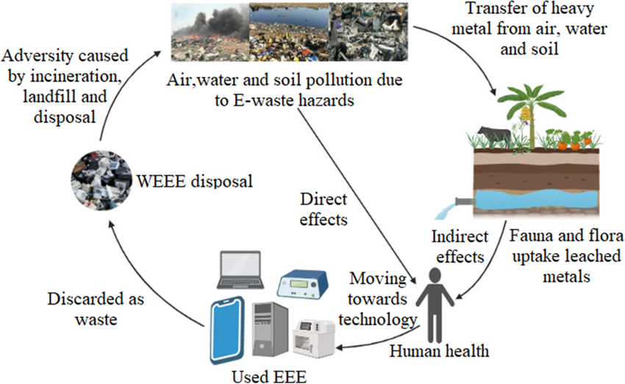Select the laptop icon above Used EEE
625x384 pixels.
[x=239, y=271]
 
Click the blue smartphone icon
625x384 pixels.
[x=227, y=330]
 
